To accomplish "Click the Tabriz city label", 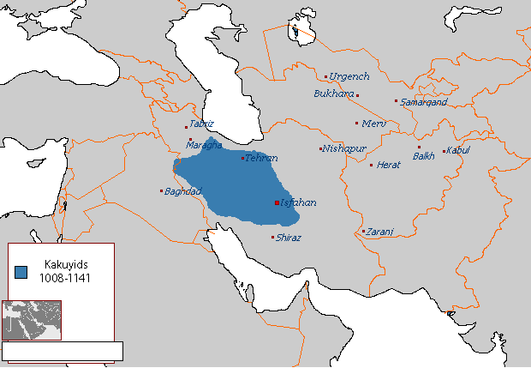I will click(202, 124).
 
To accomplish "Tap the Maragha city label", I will click(204, 145).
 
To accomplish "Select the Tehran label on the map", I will click(262, 158).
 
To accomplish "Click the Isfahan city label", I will click(298, 202).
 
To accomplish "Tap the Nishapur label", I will click(343, 148).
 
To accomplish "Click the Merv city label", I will click(374, 124).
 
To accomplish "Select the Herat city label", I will click(389, 165).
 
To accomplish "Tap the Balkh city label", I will click(424, 156).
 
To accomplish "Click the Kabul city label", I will click(459, 151).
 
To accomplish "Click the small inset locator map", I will click(32, 319).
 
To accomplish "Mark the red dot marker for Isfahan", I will click(276, 203).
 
